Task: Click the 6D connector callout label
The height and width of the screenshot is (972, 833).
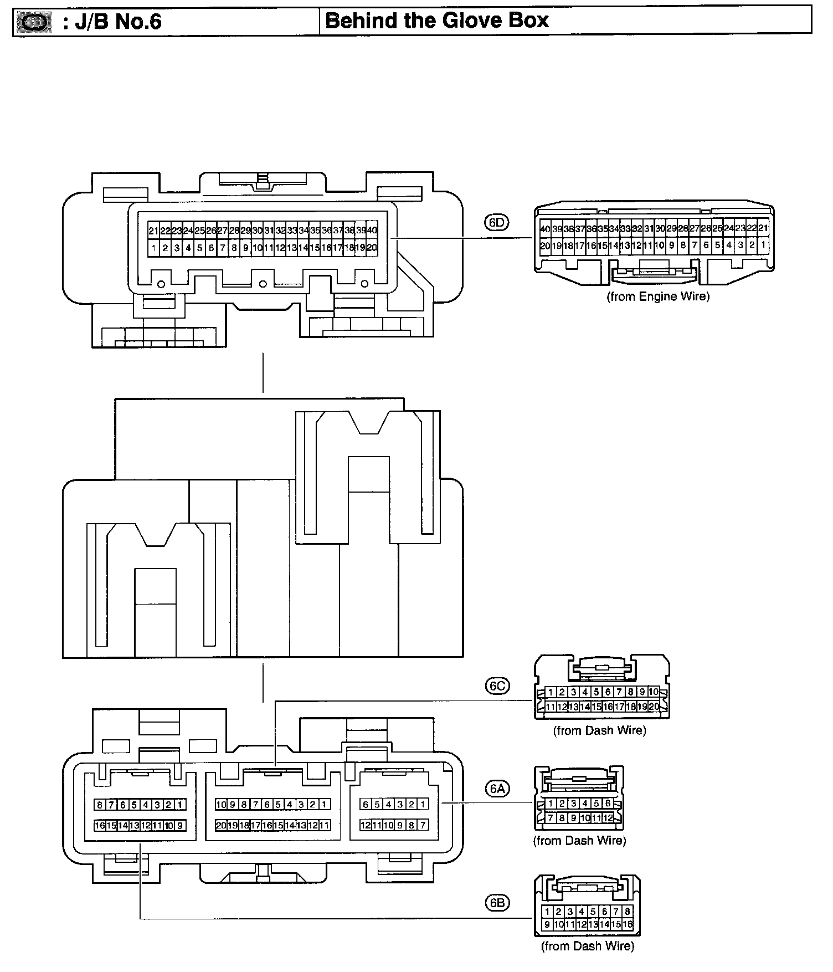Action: click(496, 222)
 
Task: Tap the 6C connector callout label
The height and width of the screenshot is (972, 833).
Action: click(496, 685)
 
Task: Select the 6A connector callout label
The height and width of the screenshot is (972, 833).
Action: click(496, 787)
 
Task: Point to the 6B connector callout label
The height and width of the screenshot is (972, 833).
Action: click(496, 903)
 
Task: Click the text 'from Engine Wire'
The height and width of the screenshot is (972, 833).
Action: click(658, 296)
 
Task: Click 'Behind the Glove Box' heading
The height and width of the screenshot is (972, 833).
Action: click(437, 21)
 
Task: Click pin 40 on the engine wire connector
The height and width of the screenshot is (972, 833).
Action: click(545, 228)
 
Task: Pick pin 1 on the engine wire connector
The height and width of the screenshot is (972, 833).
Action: click(763, 244)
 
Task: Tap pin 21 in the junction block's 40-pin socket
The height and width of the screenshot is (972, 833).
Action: click(153, 231)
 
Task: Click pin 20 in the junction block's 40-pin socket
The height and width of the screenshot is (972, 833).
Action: click(372, 248)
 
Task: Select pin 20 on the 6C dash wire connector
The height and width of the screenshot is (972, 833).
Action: click(654, 707)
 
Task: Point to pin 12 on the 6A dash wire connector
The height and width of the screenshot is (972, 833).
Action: click(608, 817)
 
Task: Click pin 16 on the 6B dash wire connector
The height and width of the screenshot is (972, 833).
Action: click(628, 924)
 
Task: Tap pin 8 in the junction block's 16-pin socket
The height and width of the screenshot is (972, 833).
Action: click(99, 804)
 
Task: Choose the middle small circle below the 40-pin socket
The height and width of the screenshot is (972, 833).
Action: click(263, 284)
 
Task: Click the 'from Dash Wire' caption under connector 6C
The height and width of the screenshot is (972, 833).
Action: click(599, 730)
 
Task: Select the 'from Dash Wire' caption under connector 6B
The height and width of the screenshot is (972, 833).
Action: click(587, 946)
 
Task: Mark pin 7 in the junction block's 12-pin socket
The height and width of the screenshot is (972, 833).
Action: click(423, 825)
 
